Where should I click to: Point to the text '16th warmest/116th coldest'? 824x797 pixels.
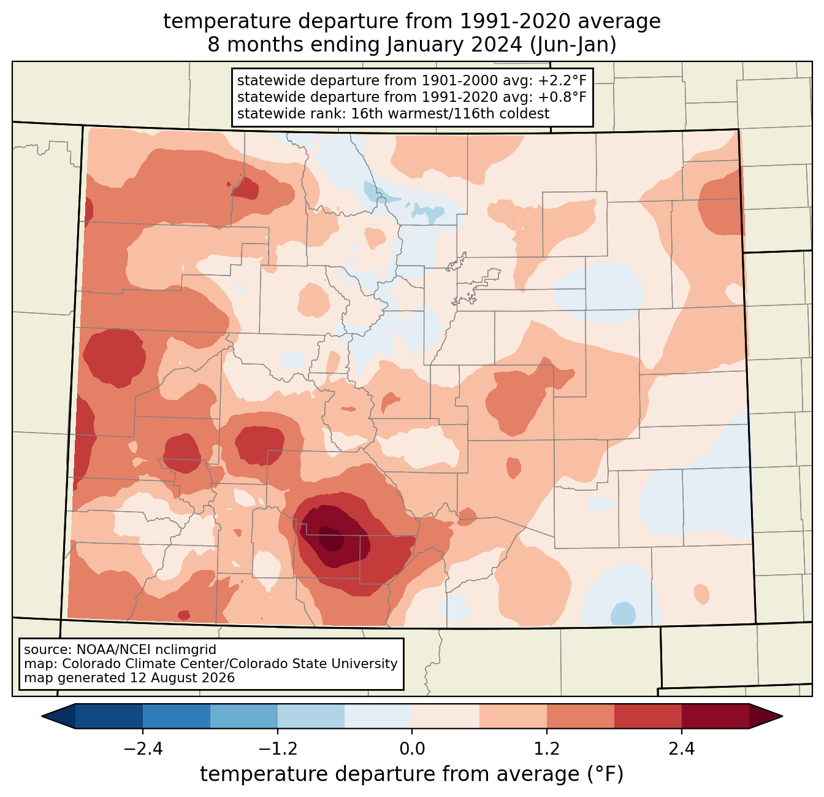(x=450, y=114)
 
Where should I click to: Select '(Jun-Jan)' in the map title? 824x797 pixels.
(x=573, y=45)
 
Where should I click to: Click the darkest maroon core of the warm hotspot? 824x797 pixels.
(x=330, y=539)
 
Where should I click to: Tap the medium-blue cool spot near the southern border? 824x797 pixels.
(x=623, y=614)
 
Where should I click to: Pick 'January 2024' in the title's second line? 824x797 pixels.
(x=454, y=45)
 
